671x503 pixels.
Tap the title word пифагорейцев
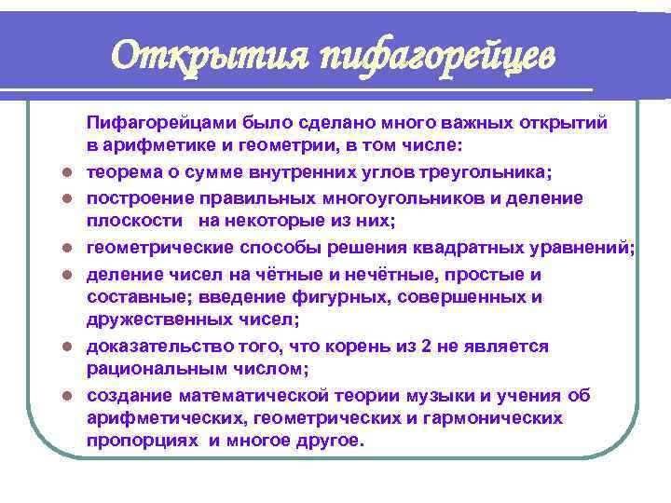pos(437,57)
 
